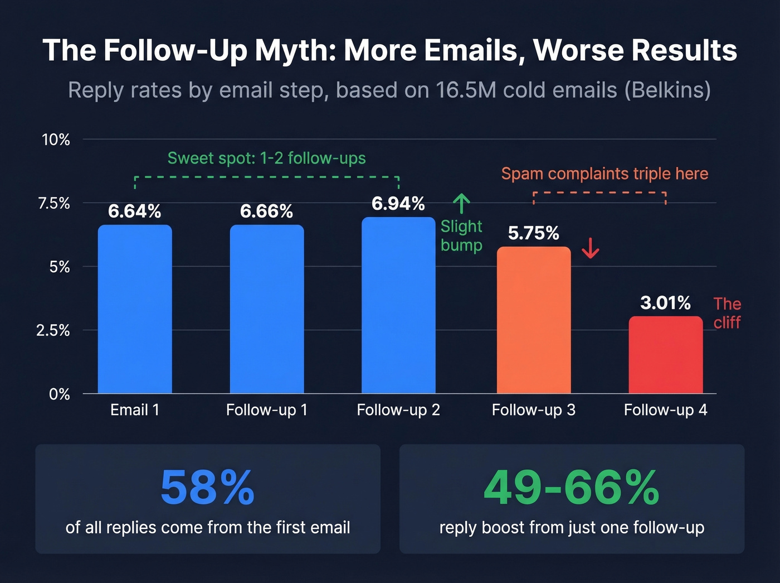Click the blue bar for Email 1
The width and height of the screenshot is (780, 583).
(x=135, y=310)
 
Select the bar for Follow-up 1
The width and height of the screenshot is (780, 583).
(x=267, y=310)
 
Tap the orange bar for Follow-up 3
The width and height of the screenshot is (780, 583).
(x=533, y=320)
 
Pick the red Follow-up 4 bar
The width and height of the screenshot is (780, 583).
(x=665, y=355)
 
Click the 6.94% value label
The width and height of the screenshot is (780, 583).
(x=398, y=204)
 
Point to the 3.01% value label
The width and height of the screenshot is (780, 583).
(x=665, y=303)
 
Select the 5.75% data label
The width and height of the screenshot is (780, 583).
(x=533, y=233)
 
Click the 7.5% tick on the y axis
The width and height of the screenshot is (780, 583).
(x=54, y=203)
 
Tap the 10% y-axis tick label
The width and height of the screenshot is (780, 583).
(x=56, y=139)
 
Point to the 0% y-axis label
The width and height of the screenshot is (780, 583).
(x=59, y=394)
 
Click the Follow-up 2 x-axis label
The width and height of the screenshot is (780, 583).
(x=398, y=410)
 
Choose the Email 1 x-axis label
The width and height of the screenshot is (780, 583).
(x=135, y=410)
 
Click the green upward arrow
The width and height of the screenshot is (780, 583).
(x=461, y=204)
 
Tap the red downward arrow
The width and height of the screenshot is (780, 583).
(x=591, y=248)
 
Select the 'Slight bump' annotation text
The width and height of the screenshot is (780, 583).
(x=461, y=235)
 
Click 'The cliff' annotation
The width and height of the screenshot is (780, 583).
(x=727, y=313)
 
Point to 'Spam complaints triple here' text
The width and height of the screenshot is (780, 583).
(x=604, y=174)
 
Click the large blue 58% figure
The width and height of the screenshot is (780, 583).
(x=207, y=488)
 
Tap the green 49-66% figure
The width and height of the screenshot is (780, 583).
(x=572, y=488)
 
